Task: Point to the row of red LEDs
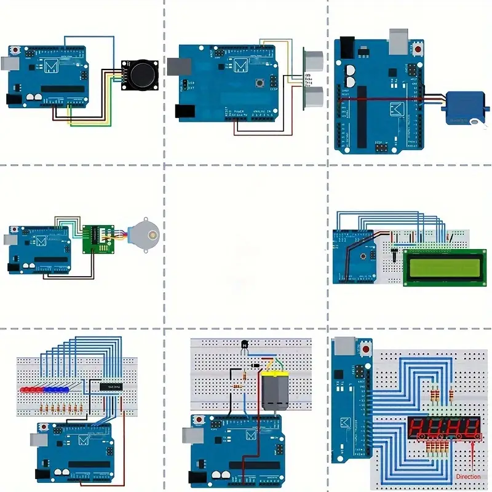point(33,389)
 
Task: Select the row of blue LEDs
point(59,389)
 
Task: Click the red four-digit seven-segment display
point(443,427)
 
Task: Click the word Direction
point(468,477)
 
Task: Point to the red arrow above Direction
point(472,458)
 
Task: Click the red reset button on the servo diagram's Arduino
point(419,47)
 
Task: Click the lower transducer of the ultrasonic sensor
point(314,96)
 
